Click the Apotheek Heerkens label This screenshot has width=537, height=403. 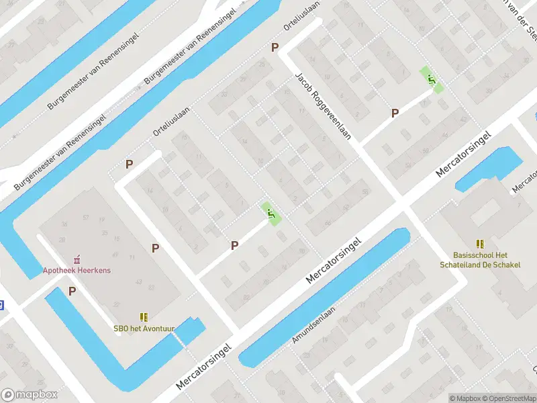(x=77, y=270)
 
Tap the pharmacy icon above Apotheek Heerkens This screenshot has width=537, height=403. (x=77, y=258)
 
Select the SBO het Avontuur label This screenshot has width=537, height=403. (x=144, y=328)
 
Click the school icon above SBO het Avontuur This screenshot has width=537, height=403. (x=144, y=316)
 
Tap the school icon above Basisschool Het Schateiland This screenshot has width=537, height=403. (x=480, y=244)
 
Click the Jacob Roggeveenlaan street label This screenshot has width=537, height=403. (x=323, y=106)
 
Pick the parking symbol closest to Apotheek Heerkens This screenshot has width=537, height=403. (x=72, y=291)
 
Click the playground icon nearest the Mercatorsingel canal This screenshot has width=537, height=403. (x=271, y=214)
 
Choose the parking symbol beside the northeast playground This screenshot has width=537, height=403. (x=395, y=114)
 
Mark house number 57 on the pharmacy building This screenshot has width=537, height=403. (x=86, y=218)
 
